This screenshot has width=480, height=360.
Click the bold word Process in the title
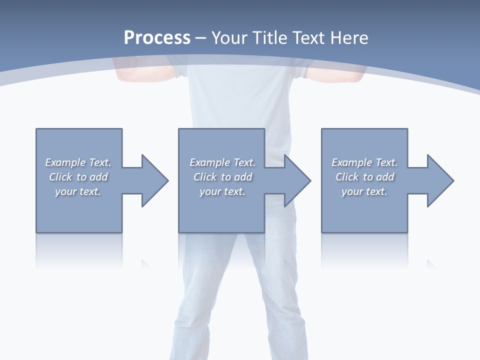[157, 38]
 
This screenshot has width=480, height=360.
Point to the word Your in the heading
[229, 38]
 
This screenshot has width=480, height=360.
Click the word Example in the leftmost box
[65, 162]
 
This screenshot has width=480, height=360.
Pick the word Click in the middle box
[205, 177]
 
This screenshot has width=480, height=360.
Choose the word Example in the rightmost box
[351, 162]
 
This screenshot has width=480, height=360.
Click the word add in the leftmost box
[98, 177]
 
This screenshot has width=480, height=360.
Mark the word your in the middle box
[210, 191]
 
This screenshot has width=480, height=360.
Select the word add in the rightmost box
[385, 177]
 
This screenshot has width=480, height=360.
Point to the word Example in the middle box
[209, 162]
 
